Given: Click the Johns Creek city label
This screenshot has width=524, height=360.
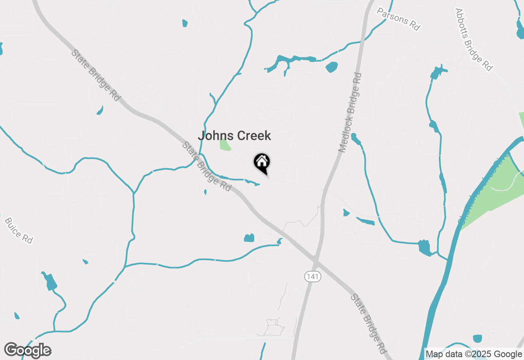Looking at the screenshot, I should pos(234,136).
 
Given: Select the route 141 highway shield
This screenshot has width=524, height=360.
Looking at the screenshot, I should pos(312,277).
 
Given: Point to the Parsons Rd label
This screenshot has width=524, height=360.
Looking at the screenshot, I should pos(398,18).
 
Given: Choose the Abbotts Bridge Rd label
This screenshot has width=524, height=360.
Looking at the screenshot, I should pos(473,39).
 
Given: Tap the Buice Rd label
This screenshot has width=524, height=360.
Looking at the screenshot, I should pos(18,231).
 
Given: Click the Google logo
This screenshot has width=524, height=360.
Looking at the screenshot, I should pos(28,351).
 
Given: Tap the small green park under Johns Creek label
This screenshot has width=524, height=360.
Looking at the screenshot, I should pos(224,145).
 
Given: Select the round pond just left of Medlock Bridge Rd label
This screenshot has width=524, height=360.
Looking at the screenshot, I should pos(332,67).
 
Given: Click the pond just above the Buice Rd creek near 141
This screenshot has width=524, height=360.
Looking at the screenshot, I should pos(249,238).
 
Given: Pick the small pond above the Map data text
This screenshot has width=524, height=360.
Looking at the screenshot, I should pos(477,339).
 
